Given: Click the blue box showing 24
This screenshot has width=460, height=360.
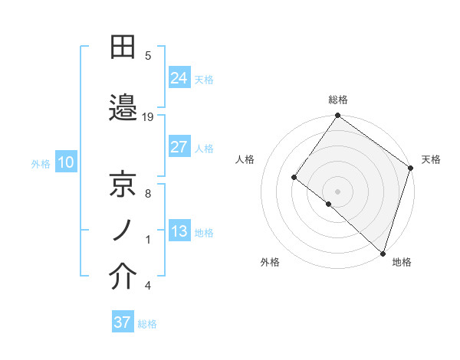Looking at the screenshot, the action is [x=179, y=77].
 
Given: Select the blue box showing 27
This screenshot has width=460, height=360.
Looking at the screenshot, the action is [x=179, y=147].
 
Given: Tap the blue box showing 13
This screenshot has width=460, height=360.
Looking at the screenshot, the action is [x=179, y=231].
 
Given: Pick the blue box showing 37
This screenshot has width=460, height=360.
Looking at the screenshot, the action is [x=123, y=322].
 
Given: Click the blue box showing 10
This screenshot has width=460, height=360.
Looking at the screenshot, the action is [x=65, y=162].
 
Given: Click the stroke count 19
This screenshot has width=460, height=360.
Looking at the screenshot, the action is [x=149, y=116].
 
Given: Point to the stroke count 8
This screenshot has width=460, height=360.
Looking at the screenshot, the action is [x=148, y=194].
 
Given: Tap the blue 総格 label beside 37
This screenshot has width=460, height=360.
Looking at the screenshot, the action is [x=147, y=324].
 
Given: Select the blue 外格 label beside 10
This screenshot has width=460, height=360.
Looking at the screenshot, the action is [x=40, y=163].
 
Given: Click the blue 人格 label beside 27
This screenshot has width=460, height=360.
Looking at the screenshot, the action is [x=204, y=149].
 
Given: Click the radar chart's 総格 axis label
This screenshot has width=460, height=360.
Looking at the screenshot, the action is [x=337, y=100].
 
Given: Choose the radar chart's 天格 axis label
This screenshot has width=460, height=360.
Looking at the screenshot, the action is [x=431, y=159].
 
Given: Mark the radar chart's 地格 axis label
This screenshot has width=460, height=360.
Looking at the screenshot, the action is [x=402, y=262].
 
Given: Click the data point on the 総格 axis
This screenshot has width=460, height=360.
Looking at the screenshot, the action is [x=337, y=116].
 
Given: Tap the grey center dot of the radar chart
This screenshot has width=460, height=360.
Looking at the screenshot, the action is [x=337, y=191].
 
